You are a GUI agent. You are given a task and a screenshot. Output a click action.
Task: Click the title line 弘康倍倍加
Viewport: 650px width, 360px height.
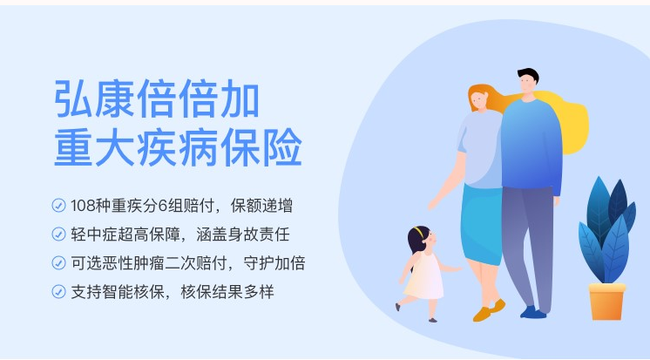157,99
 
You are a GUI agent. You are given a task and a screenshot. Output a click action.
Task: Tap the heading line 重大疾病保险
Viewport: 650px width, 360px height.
178,147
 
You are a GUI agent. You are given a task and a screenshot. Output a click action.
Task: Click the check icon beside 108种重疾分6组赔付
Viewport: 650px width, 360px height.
58,206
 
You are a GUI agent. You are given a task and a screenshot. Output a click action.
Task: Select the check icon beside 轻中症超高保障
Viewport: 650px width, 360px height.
58,234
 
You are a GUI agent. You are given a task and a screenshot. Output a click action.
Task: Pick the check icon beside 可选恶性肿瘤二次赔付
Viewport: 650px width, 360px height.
58,263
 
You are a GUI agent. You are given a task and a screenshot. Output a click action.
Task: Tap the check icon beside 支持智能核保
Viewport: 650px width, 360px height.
58,291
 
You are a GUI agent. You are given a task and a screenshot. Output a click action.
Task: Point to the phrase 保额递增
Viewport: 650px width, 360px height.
261,206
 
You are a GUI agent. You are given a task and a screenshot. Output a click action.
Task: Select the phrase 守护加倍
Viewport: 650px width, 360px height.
274,263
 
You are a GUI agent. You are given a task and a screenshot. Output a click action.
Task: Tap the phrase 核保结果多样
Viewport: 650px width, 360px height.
227,291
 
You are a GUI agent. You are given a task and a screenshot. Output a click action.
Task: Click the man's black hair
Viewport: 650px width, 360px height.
529,75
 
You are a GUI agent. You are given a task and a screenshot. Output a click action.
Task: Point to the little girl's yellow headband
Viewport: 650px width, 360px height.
419,232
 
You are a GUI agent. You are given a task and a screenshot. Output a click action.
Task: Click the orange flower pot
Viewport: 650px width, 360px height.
607,302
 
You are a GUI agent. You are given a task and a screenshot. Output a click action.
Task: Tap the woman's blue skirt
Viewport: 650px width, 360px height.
482,224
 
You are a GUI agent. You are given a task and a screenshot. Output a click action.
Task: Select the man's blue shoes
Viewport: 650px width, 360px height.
533,312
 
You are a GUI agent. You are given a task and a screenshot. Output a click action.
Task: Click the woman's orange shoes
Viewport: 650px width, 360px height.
489,310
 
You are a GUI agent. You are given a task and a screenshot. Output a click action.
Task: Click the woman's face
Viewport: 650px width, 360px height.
479,101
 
